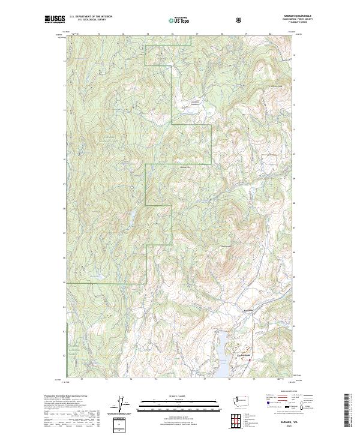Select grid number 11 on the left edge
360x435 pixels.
65,135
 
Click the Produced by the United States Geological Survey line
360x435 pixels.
66,395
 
